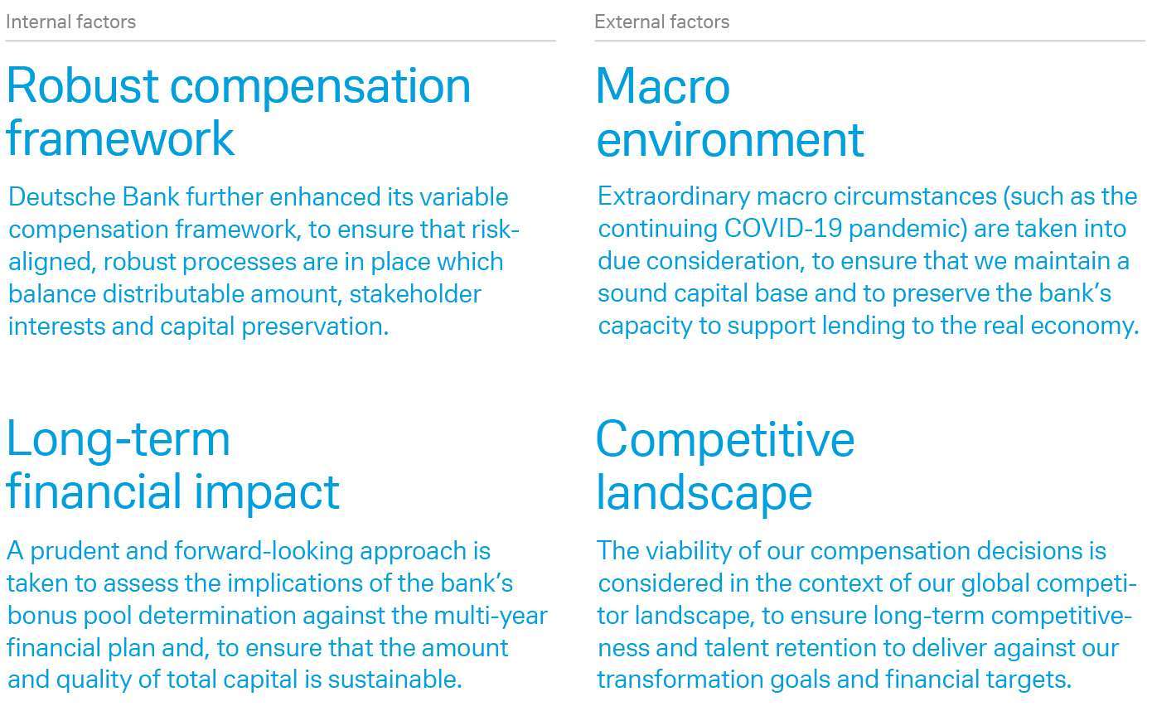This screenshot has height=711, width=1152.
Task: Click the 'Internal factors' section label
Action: [70, 22]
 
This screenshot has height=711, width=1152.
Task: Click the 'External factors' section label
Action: [662, 22]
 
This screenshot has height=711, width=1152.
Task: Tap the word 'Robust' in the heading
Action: [82, 86]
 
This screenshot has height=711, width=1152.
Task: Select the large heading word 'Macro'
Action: [663, 86]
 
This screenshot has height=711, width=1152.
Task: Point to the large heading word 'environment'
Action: [730, 140]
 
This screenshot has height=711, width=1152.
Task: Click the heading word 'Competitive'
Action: [725, 439]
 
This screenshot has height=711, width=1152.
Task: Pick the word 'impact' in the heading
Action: [267, 492]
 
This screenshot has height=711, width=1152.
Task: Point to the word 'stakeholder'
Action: [415, 294]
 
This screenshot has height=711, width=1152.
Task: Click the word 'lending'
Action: [864, 326]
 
